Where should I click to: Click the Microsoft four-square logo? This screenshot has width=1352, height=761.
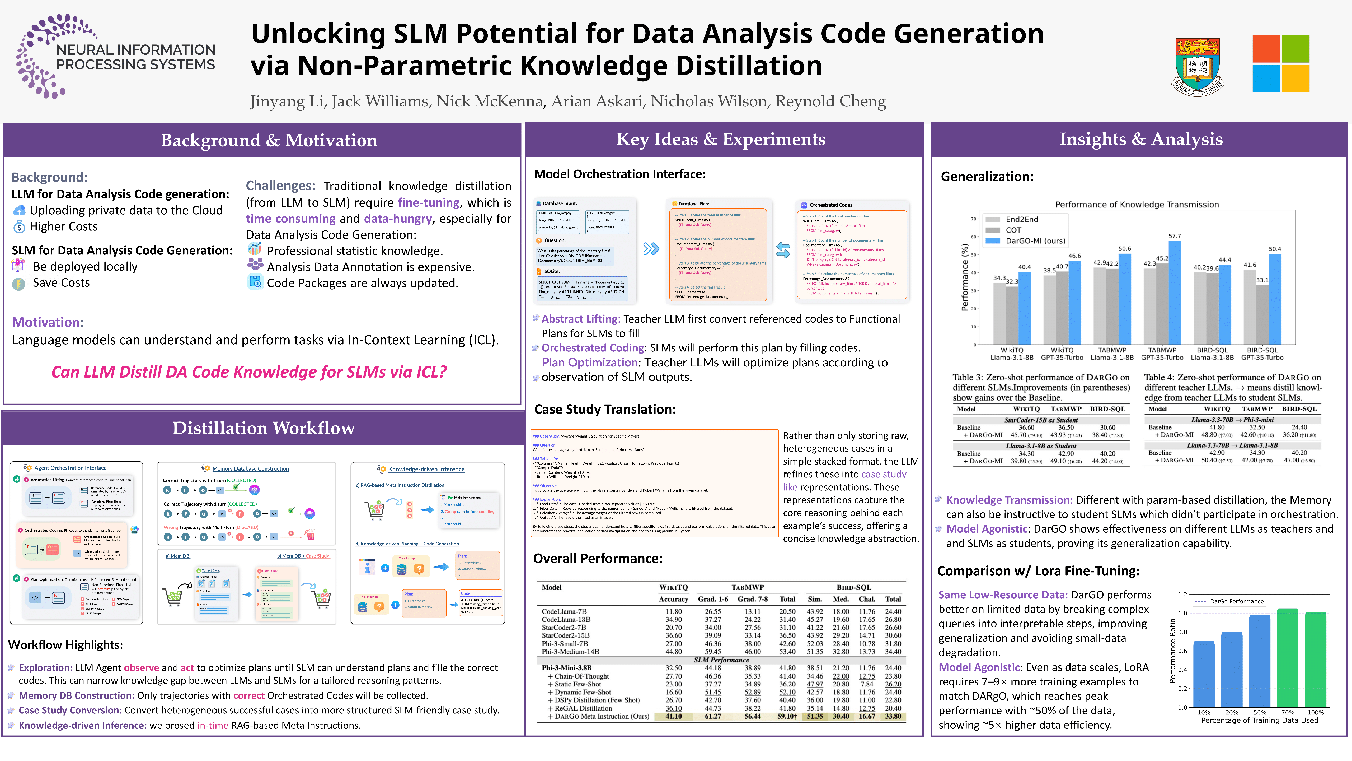point(1281,63)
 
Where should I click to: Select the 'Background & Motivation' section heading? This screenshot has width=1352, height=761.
point(269,140)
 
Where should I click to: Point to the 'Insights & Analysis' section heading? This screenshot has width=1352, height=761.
point(1140,139)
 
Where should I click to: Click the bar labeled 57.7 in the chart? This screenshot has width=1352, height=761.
point(1175,292)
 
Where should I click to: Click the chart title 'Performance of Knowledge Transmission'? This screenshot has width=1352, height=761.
point(1137,204)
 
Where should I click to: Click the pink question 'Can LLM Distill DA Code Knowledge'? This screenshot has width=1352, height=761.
point(249,372)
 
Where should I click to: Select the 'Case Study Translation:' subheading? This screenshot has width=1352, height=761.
point(605,409)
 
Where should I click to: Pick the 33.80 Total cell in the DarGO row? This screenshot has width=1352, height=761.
point(893,716)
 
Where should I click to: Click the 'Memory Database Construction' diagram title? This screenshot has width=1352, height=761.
point(250,468)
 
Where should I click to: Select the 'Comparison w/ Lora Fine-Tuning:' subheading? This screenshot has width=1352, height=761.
point(1038,571)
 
